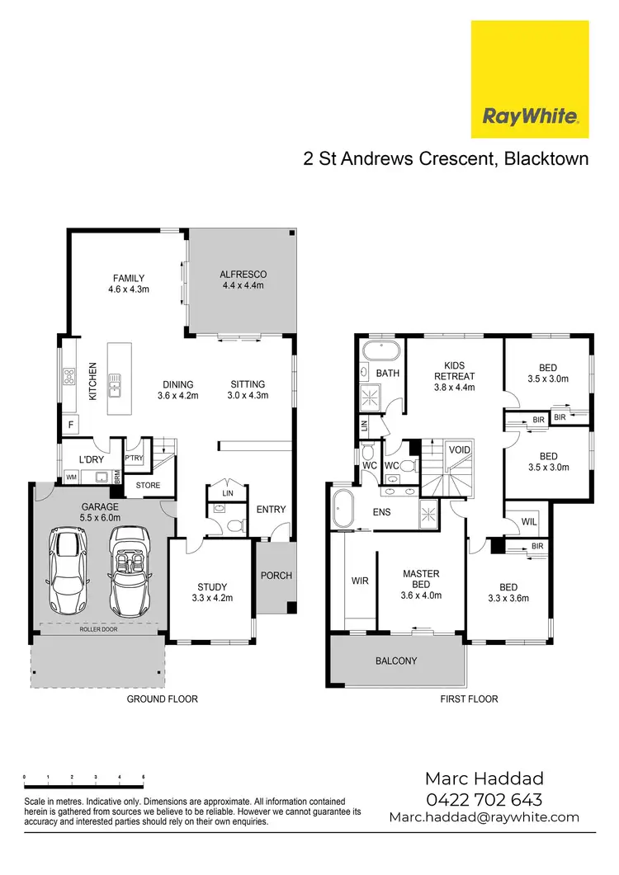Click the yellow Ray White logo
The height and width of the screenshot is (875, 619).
point(529,79)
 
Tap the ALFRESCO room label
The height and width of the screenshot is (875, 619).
point(243,280)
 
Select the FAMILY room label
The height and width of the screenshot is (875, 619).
point(128,284)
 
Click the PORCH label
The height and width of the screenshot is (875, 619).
point(276,575)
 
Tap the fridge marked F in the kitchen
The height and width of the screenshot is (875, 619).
point(70,426)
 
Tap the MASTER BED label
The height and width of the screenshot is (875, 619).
point(420,579)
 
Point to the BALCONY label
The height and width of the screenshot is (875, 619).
point(395,661)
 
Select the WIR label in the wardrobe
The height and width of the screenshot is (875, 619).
point(360,581)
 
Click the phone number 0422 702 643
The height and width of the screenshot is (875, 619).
point(484,799)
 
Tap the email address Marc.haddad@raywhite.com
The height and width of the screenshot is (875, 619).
point(484,817)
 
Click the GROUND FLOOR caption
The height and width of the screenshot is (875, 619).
point(162,699)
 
